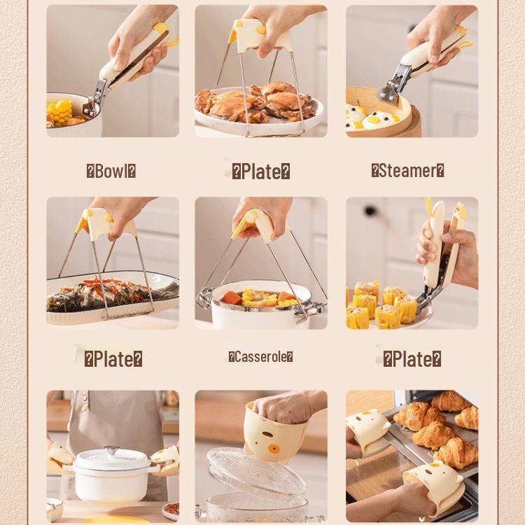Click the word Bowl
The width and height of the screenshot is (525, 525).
coord(111,171)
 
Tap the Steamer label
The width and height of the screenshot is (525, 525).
coord(407,171)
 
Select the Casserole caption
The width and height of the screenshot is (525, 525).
coord(260,357)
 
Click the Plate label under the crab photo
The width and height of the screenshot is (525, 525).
coord(260,172)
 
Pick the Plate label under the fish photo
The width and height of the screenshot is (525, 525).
coord(113,360)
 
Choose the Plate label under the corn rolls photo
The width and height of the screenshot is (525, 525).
coord(412,360)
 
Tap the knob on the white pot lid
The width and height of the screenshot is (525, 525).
coord(111,451)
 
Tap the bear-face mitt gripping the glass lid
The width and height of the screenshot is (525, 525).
coord(276,430)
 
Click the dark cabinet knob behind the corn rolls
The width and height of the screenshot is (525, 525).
coord(370,211)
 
